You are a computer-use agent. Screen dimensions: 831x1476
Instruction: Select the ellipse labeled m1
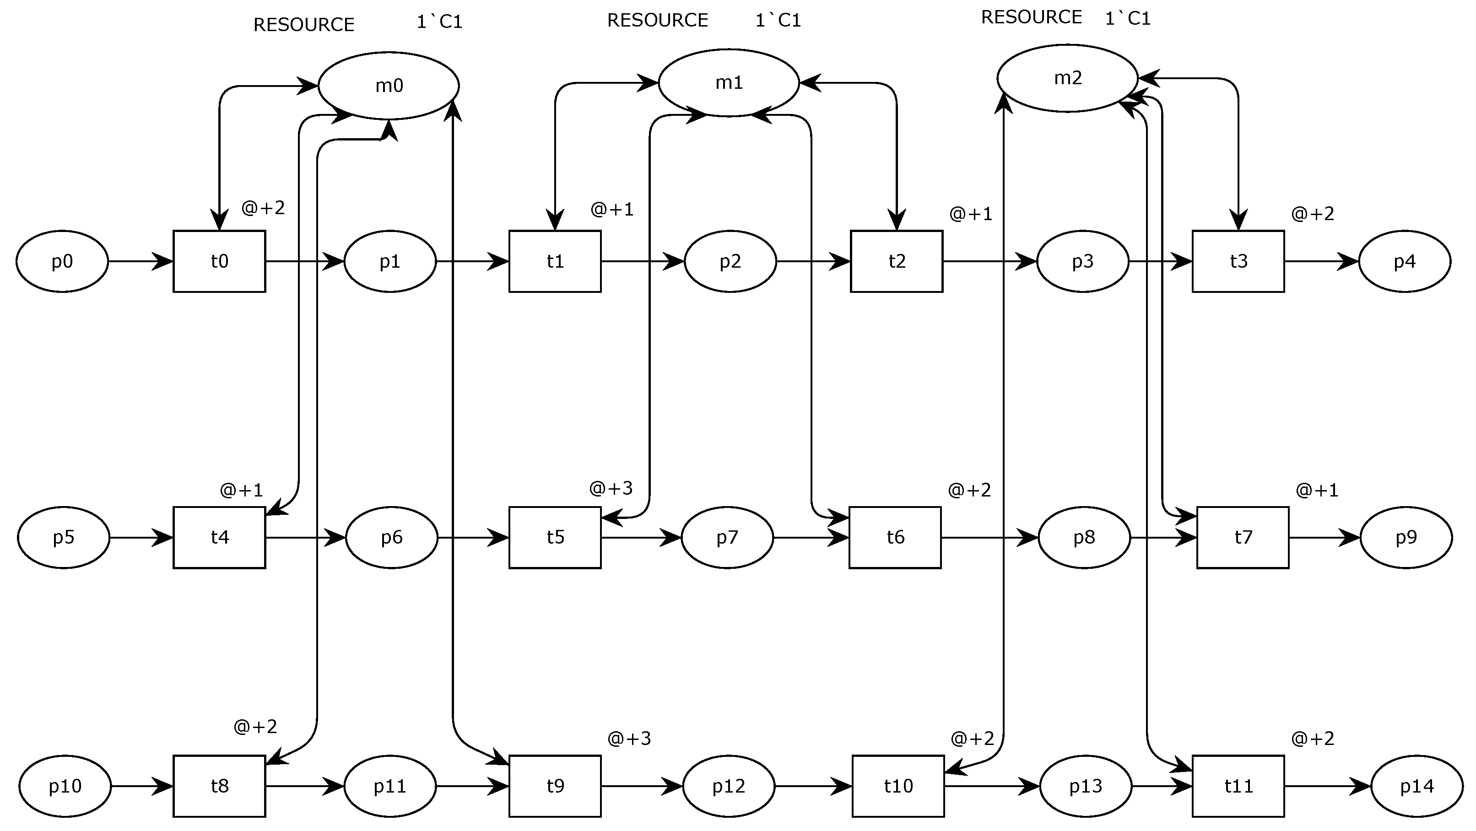point(728,83)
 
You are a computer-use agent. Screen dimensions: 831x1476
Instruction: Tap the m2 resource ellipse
point(1067,78)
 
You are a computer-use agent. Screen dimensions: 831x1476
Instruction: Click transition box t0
point(219,262)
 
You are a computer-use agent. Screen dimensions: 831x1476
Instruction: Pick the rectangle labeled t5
point(555,538)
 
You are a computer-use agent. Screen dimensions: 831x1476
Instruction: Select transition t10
point(897,786)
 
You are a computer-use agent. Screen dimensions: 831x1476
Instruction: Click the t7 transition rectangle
point(1242,538)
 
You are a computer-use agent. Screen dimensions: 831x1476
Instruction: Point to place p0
point(62,262)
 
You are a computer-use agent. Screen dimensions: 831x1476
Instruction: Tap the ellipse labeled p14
point(1417,786)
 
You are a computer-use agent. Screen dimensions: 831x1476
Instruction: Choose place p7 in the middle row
point(727,538)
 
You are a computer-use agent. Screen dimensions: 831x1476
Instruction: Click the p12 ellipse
point(728,786)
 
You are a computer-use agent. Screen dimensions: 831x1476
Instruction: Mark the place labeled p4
point(1405,262)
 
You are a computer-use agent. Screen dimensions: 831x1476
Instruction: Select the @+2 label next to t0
point(263,208)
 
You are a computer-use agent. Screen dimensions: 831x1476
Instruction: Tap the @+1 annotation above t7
point(1317,490)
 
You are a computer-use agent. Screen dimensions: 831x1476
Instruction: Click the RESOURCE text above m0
point(304,25)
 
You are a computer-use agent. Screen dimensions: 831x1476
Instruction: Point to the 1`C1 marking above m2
point(1128,19)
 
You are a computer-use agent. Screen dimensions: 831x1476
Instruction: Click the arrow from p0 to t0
point(141,262)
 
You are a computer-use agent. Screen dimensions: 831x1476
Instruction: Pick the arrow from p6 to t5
point(473,538)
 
